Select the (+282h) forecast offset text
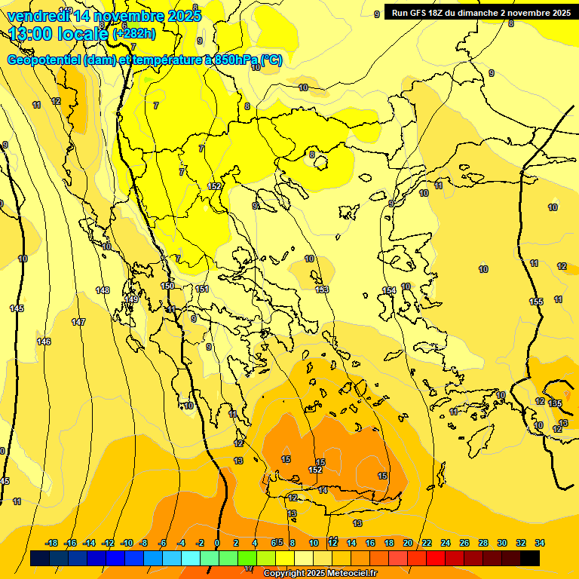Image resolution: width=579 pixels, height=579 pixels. [134, 34]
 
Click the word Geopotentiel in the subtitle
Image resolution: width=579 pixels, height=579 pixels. [43, 60]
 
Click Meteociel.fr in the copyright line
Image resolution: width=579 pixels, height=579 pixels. [349, 574]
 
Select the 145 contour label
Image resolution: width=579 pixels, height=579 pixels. [17, 308]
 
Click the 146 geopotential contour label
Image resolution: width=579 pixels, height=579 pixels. [44, 342]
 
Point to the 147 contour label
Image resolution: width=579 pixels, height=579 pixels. [78, 322]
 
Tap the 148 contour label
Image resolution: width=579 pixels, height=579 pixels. [103, 290]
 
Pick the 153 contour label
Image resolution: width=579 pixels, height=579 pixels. [322, 289]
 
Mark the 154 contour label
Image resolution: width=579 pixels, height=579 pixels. [389, 290]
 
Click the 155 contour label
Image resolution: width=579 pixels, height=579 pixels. [536, 302]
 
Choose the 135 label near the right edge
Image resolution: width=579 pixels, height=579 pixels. [556, 404]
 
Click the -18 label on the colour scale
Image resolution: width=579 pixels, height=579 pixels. [52, 543]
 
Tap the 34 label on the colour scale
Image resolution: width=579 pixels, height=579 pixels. [540, 543]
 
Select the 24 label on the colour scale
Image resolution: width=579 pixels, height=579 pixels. [446, 543]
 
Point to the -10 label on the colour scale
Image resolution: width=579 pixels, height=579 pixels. [127, 543]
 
